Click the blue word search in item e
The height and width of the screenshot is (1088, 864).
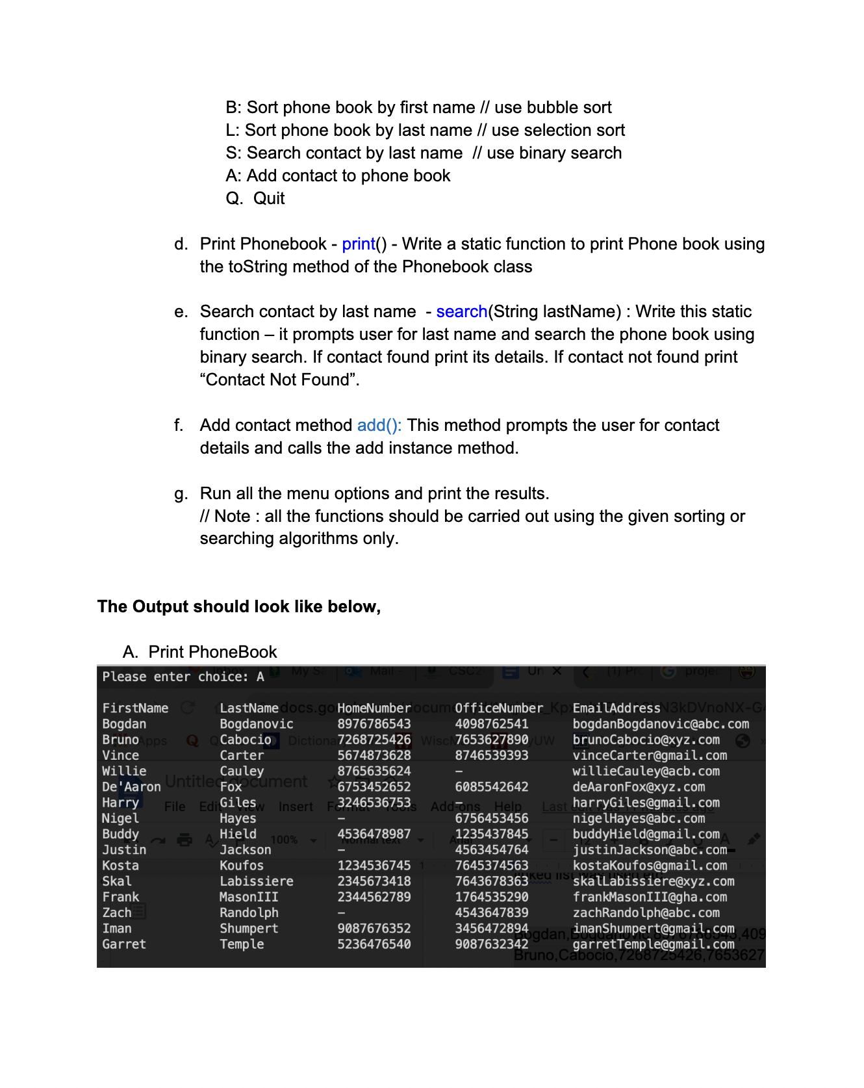(x=461, y=312)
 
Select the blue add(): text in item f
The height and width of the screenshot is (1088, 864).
(x=379, y=426)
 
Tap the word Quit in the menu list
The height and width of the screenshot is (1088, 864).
(x=269, y=199)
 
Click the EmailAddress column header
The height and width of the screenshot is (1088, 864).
(x=616, y=708)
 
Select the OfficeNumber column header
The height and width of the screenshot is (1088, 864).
(x=498, y=708)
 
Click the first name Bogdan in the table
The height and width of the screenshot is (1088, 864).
(x=124, y=724)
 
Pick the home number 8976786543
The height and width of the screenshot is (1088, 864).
(x=374, y=724)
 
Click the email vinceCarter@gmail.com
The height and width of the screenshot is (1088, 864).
(x=649, y=756)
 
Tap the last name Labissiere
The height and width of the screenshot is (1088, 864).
(x=256, y=881)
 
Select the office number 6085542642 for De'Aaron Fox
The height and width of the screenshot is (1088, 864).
(x=491, y=787)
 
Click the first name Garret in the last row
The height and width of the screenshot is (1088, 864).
(x=124, y=944)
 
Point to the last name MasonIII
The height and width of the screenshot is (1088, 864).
(x=249, y=897)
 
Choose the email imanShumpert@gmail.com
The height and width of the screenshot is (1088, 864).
(x=653, y=929)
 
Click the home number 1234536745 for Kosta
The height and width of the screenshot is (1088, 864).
(x=374, y=866)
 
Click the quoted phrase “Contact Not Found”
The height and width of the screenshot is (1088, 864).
(x=279, y=380)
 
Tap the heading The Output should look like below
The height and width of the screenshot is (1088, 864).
(x=238, y=607)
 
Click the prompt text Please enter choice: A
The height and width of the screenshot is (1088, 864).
(x=183, y=677)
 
